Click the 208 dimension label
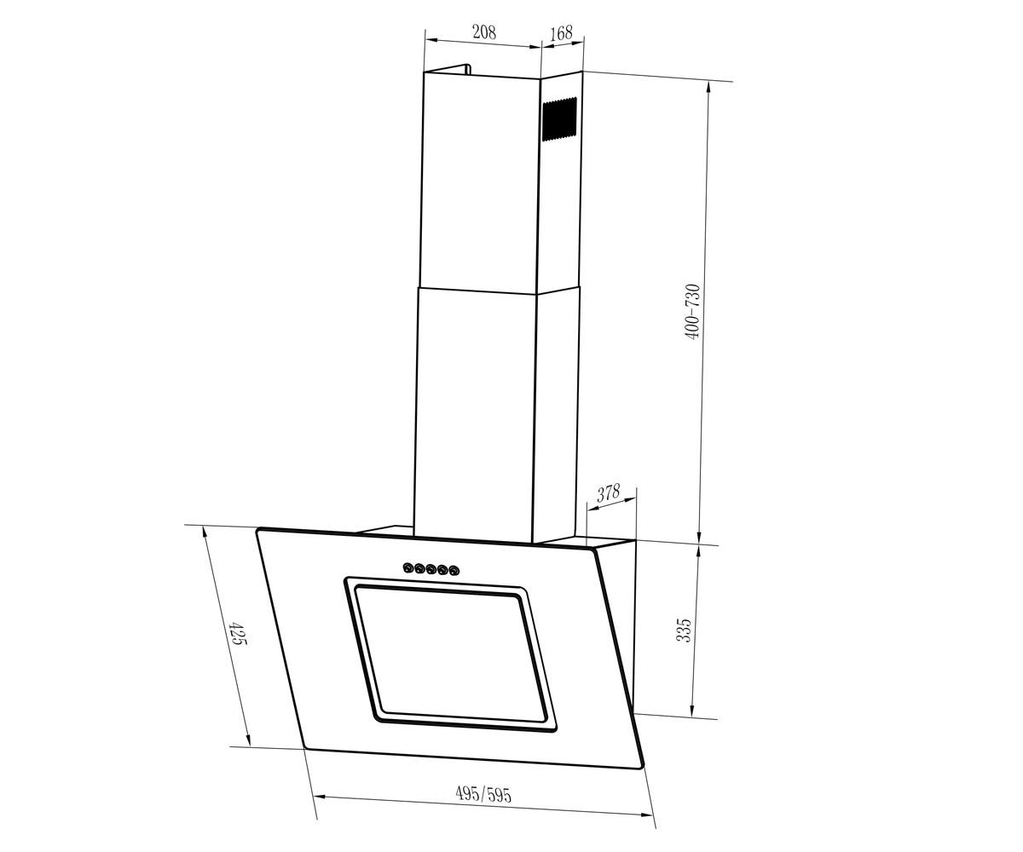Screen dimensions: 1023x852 click(x=484, y=32)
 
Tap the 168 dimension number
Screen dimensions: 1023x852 click(x=561, y=33)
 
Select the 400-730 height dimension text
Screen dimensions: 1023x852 click(x=693, y=312)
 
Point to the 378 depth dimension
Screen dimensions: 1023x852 click(x=609, y=492)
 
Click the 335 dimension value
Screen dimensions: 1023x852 click(x=684, y=630)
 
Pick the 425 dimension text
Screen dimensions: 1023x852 click(x=237, y=633)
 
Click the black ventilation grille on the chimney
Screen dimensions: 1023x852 click(x=559, y=119)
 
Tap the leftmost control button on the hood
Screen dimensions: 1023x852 click(x=408, y=568)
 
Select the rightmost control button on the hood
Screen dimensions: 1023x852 click(x=454, y=571)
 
